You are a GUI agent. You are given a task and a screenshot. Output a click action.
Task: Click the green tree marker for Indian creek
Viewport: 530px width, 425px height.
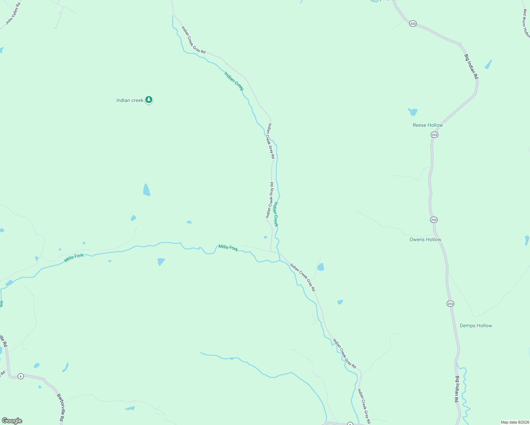click(x=149, y=100)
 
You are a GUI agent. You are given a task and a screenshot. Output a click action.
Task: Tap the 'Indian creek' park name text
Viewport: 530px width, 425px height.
click(x=130, y=101)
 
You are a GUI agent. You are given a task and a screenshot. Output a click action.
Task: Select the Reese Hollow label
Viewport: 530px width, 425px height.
click(x=428, y=125)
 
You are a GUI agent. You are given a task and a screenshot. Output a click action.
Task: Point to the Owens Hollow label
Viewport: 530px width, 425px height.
click(x=425, y=239)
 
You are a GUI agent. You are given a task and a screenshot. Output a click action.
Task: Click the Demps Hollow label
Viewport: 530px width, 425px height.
click(x=475, y=325)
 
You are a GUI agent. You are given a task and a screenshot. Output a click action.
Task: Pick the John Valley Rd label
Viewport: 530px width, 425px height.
click(x=13, y=13)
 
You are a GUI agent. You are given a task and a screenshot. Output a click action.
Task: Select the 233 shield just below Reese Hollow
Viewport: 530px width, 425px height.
click(x=434, y=135)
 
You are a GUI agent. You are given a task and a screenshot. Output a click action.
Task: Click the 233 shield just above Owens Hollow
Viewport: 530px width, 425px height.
click(x=434, y=220)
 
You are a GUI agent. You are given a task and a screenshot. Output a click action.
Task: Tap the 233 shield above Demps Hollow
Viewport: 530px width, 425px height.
click(x=450, y=304)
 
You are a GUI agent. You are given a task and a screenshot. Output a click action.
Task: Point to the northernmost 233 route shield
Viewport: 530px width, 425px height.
click(x=413, y=24)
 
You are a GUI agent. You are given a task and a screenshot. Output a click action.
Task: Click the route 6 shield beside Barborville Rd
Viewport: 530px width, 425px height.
click(x=21, y=376)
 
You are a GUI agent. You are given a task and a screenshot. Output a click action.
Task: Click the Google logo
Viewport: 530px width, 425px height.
click(x=12, y=421)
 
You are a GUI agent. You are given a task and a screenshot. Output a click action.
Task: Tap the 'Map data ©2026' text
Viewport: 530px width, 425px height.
click(x=515, y=422)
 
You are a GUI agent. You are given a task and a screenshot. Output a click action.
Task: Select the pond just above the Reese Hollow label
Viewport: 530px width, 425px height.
click(x=413, y=112)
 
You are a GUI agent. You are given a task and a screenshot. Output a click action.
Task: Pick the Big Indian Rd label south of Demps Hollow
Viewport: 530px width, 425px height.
click(x=457, y=389)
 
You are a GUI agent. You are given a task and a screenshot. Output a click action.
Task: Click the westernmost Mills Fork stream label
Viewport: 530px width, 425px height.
click(x=74, y=258)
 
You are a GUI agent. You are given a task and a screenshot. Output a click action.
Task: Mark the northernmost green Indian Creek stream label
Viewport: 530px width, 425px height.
click(x=234, y=81)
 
